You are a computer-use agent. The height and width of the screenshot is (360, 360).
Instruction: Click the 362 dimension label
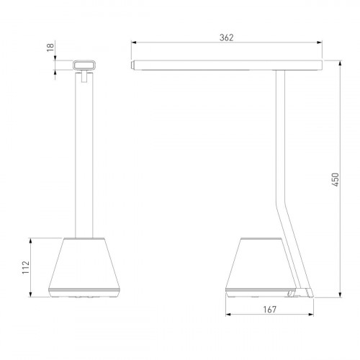pos(226,37)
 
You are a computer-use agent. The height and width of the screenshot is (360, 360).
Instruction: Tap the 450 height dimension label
pos(336,179)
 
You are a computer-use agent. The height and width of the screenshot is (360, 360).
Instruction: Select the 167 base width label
pos(270,310)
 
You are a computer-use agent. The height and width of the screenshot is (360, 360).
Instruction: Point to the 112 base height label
pos(26,267)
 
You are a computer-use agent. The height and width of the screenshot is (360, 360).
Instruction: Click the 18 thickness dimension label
pos(50,48)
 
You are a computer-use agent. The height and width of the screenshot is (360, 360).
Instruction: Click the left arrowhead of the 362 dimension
pos(134,42)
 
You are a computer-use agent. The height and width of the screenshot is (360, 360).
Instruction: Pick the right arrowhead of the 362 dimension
pos(320,42)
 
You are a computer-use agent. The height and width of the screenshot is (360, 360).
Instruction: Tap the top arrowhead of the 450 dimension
pos(340,63)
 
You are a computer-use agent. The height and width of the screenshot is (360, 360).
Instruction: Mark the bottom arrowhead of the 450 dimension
pos(340,294)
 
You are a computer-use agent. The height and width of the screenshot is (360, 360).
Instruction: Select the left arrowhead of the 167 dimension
pos(228,315)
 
